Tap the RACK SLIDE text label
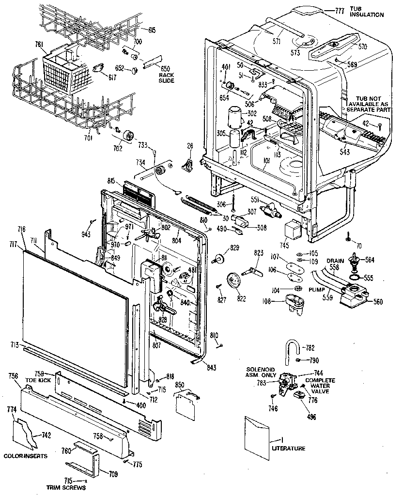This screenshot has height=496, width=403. pos(166,77)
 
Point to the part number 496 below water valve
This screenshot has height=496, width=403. pos(305,415)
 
